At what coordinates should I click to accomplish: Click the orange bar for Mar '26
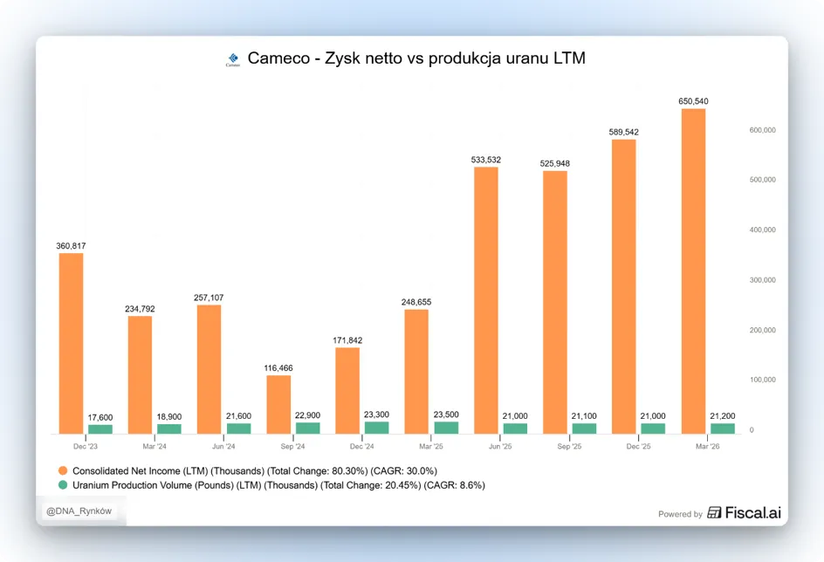point(693,271)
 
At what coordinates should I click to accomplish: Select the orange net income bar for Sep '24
point(278,404)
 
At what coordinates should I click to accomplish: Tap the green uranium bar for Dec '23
point(100,429)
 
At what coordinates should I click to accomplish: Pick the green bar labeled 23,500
point(446,428)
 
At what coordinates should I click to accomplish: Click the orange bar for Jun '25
point(486,300)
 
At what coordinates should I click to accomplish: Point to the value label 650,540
point(693,101)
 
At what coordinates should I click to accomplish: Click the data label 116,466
point(278,368)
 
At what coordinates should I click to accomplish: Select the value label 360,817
point(71,246)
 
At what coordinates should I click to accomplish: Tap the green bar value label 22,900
point(307,415)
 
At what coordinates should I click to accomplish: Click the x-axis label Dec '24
point(362,447)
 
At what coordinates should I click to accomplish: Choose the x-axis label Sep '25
point(569,447)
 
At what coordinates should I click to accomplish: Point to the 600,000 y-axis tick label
point(763,130)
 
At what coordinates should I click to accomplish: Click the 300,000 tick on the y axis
point(763,280)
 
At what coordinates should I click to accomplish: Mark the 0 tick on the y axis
point(752,430)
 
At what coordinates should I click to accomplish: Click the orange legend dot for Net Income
point(63,470)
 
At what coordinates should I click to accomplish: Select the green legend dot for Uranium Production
point(63,485)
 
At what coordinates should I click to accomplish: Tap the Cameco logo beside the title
point(233,59)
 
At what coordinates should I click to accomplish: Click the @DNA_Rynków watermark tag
point(79,511)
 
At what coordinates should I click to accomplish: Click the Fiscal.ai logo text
point(745,512)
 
